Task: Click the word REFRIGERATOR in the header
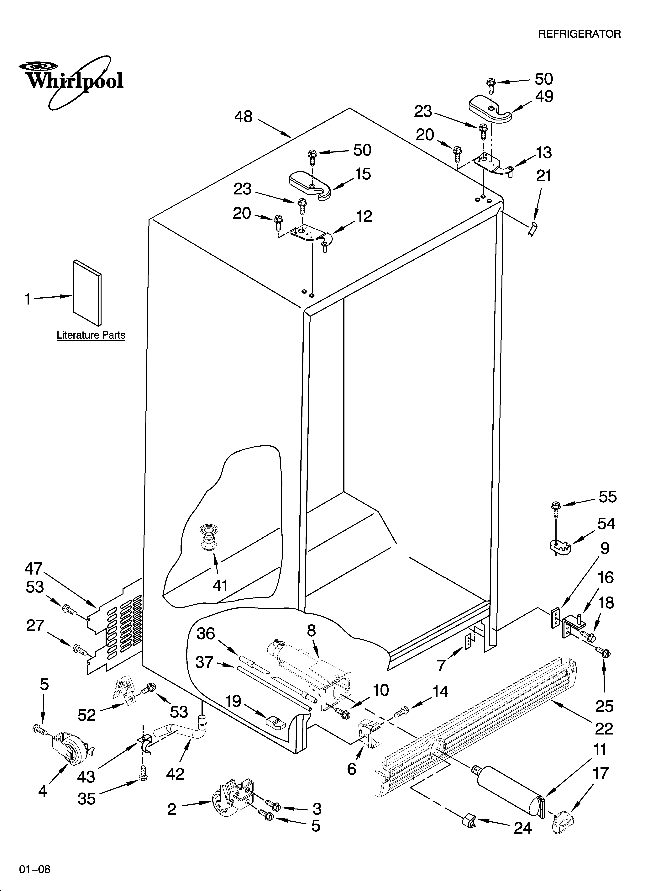pos(579,34)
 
